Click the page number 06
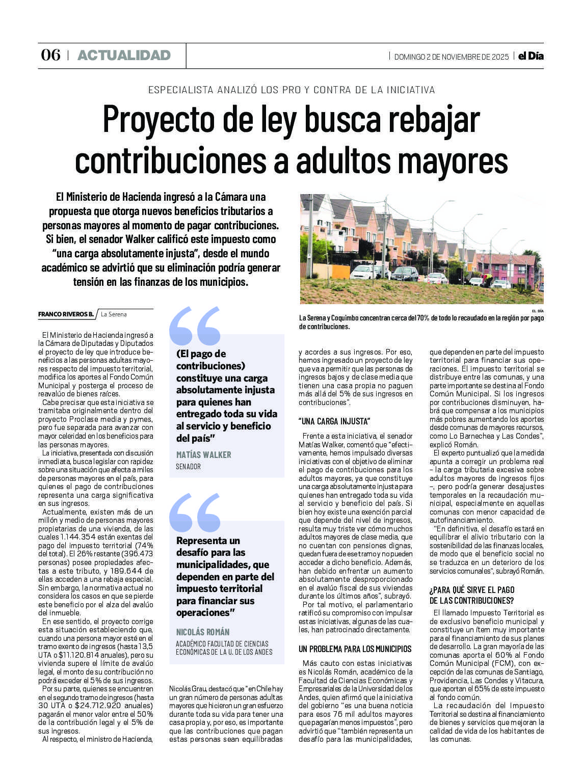pos(50,55)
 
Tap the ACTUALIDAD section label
pos(124,55)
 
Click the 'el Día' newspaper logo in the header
pos(531,56)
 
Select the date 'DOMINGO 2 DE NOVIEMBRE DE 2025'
pos(451,57)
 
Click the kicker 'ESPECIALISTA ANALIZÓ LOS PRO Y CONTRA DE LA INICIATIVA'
pos(292,90)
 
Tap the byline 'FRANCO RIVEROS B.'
pos(66,314)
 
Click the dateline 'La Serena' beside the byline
pos(114,314)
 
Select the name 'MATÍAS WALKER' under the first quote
pos(203,454)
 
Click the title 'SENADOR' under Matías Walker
pos(188,466)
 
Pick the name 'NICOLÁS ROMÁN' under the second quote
pos(203,632)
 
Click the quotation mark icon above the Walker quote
pos(195,326)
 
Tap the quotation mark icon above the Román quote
pos(195,512)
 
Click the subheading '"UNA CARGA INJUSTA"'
pos(334,421)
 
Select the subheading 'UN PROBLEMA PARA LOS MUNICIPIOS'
pos(355,649)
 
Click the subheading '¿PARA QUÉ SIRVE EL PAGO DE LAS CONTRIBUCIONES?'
pos(472,596)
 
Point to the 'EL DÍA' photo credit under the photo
pos(537,310)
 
